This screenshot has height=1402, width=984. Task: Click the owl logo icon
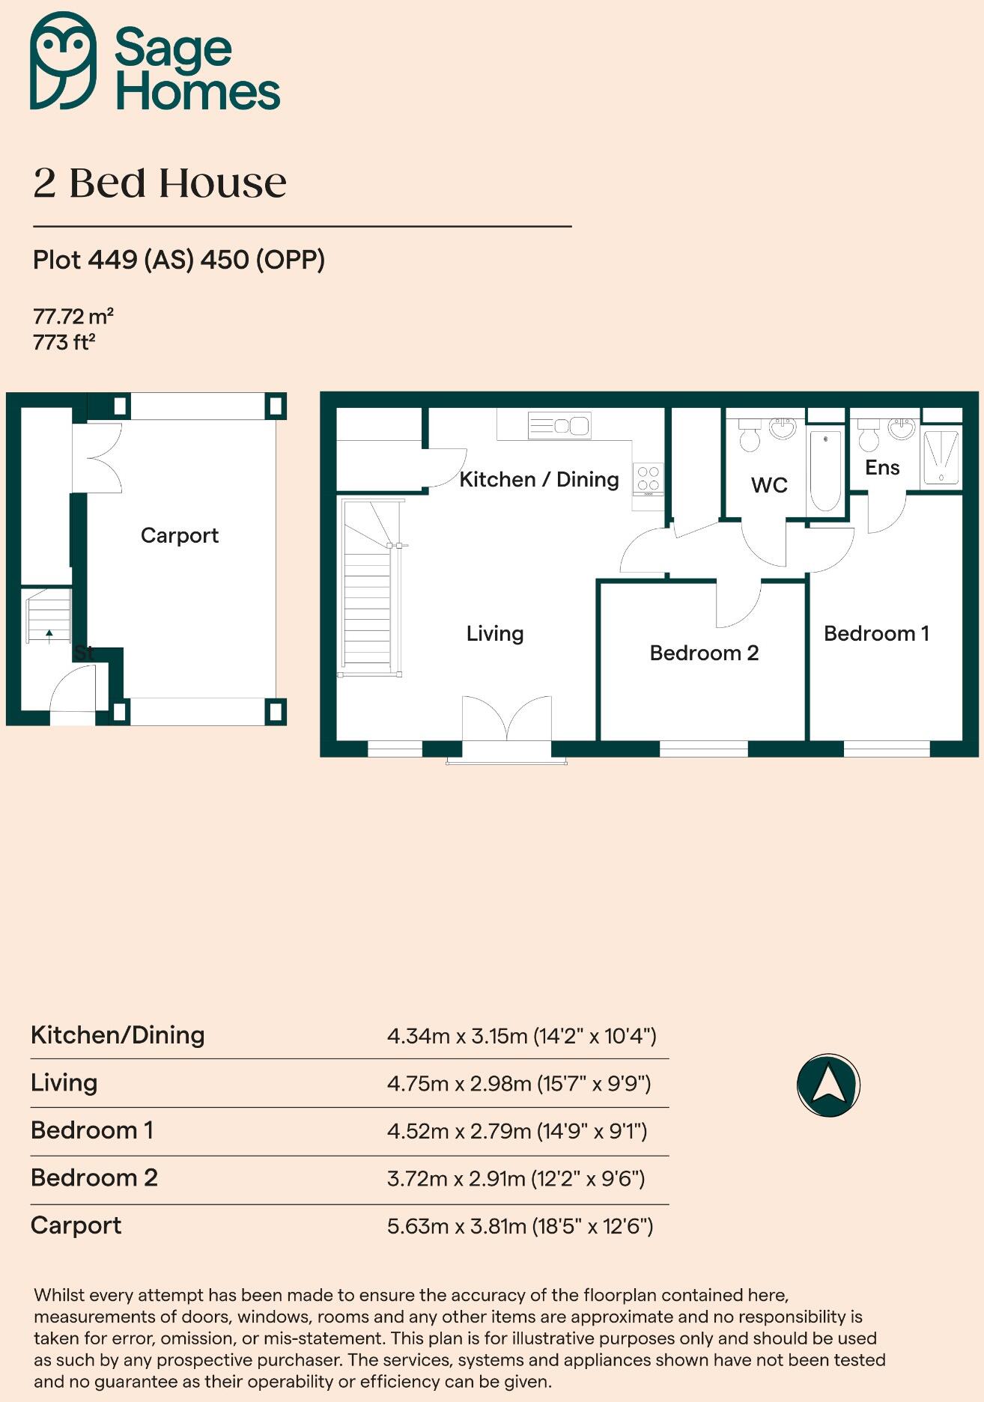coord(63,61)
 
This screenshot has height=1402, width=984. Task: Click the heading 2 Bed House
coord(160,183)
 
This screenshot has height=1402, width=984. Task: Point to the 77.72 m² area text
coord(73,316)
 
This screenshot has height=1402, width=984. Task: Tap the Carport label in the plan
coord(180,535)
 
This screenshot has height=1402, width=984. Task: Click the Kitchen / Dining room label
coord(538,479)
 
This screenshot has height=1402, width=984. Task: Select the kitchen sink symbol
coord(559,426)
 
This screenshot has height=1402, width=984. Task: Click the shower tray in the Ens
coord(941,457)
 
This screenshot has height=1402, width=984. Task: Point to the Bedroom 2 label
coord(704,653)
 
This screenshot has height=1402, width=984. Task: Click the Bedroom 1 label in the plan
coord(876,633)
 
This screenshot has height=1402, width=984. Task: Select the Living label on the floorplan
coord(494,633)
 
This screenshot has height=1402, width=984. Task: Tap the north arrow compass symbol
coord(828,1085)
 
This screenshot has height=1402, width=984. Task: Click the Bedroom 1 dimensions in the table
coord(517,1130)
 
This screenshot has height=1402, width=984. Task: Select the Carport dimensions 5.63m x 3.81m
coord(520,1226)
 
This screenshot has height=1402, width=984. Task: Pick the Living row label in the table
coord(64,1082)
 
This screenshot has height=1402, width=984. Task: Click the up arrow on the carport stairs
coord(49,636)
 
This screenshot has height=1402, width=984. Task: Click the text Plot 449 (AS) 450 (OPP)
coord(179,260)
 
